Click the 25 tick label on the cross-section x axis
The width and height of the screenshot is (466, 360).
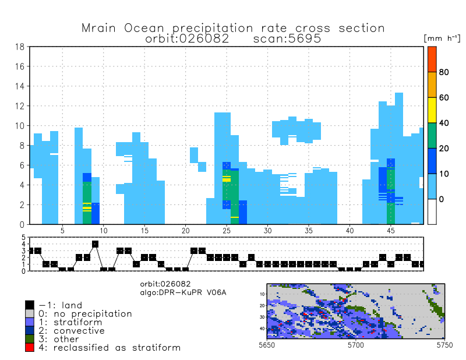click(x=226, y=231)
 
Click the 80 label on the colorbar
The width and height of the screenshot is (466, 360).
click(x=444, y=72)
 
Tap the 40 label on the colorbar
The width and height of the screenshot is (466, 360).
click(x=444, y=123)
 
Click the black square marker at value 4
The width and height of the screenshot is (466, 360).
click(x=95, y=244)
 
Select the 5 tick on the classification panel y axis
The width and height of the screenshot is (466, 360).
click(x=24, y=238)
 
